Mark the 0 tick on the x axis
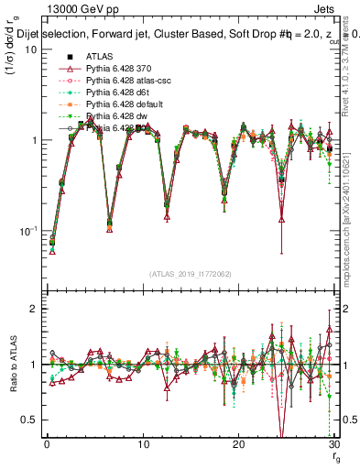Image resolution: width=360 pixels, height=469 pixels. pos(47,444)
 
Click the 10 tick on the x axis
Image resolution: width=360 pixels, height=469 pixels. pos(142,444)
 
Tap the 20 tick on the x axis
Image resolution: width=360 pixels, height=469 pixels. pos(238,444)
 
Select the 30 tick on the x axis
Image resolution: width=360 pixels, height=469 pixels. pos(333,444)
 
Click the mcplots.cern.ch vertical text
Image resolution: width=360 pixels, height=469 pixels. pos(348,229)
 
